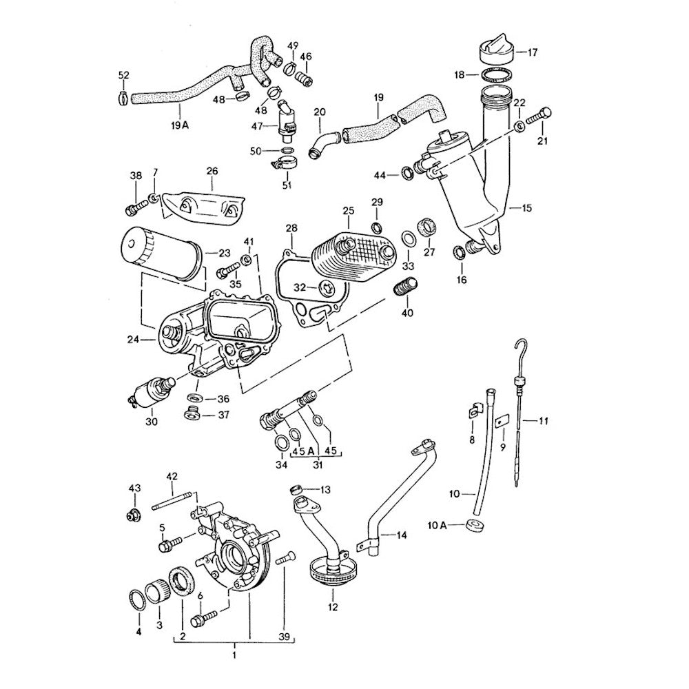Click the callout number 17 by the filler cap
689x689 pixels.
pyautogui.click(x=533, y=51)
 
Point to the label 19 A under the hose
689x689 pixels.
pyautogui.click(x=180, y=125)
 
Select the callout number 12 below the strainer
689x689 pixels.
pyautogui.click(x=333, y=608)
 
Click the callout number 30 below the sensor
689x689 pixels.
pyautogui.click(x=152, y=421)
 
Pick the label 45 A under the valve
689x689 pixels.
pyautogui.click(x=298, y=452)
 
